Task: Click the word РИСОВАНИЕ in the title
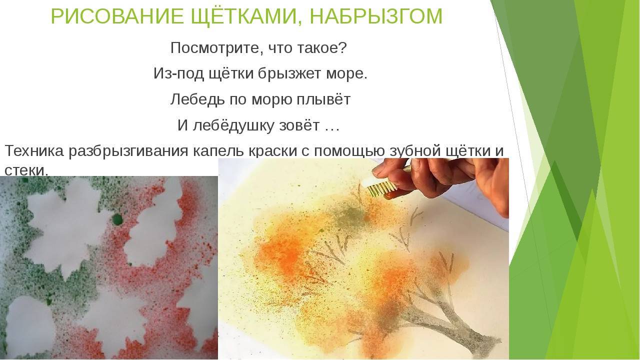tap(117, 16)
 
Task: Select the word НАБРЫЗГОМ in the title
tap(376, 16)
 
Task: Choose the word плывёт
tap(323, 99)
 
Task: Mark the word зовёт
tap(299, 125)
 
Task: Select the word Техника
tap(34, 151)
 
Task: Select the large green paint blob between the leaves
tap(117, 219)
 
